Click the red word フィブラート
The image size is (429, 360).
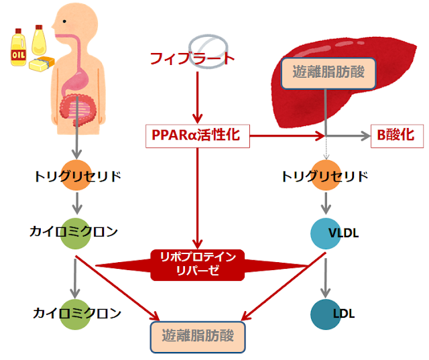(192, 59)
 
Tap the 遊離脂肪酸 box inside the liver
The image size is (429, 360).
(326, 72)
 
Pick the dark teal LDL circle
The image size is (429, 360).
(327, 313)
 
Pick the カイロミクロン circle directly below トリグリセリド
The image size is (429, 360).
(76, 232)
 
